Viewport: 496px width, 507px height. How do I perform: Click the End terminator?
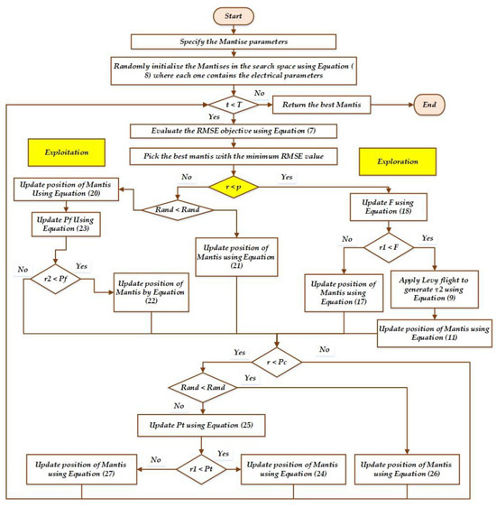412,104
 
